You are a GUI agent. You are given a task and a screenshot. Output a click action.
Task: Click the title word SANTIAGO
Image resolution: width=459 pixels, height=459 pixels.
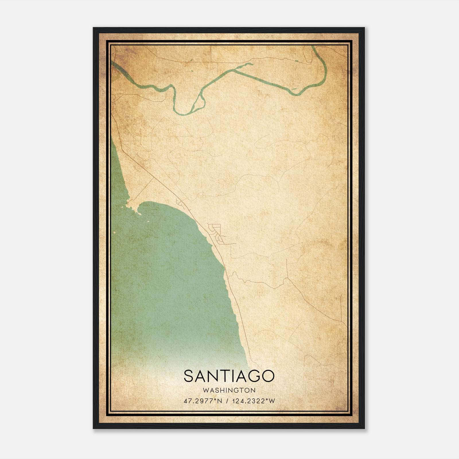[x=229, y=376]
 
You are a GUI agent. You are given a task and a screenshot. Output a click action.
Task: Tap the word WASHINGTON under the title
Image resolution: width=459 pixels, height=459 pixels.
[x=229, y=390]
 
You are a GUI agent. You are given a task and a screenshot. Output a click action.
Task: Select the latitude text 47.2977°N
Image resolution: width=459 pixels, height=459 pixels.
[x=203, y=401]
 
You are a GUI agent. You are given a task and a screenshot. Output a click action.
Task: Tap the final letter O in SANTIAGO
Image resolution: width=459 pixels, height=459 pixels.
[x=268, y=376]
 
